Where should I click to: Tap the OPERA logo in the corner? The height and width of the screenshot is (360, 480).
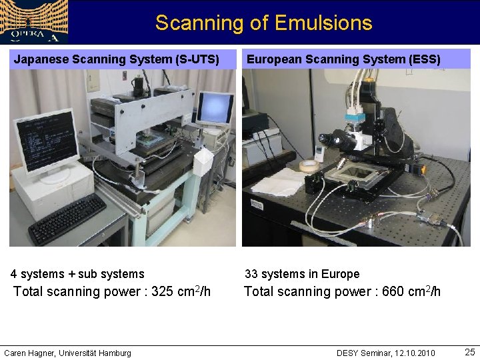[x=33, y=22]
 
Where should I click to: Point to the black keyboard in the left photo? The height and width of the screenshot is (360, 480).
[x=67, y=219]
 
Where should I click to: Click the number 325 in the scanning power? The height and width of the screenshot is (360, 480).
[x=164, y=292]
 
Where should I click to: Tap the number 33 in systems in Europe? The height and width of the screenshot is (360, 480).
[x=251, y=274]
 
